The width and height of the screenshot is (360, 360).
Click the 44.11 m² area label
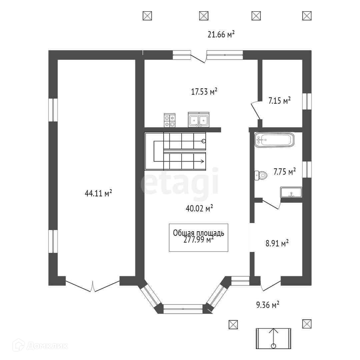tap(98, 193)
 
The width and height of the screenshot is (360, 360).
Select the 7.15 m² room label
tap(280, 100)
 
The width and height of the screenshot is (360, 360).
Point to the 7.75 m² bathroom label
tap(285, 172)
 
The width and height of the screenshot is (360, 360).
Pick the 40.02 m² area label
tap(199, 208)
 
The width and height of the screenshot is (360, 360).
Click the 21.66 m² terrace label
tap(222, 34)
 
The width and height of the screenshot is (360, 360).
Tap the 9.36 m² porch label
tap(268, 305)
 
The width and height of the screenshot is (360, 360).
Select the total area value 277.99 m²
tap(198, 240)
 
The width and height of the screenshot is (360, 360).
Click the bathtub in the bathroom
tap(274, 140)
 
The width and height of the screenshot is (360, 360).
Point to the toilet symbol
tap(261, 175)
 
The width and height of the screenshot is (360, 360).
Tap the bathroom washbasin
tap(291, 192)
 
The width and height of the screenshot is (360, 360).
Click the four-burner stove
tap(170, 120)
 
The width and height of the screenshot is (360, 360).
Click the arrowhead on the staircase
tap(202, 162)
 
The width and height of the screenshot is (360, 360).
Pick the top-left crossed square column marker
tap(147, 15)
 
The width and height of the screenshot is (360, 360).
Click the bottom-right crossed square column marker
tap(307, 323)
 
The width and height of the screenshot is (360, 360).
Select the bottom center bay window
tap(183, 309)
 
